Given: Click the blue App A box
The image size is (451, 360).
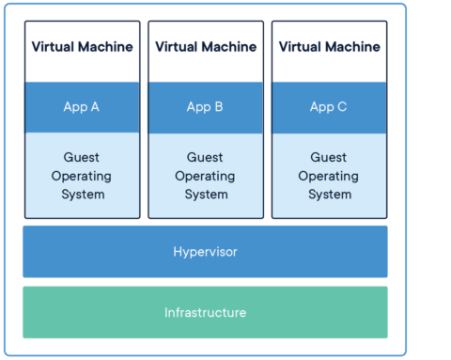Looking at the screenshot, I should click(82, 107).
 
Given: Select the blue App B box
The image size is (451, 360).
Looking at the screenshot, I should click(205, 107).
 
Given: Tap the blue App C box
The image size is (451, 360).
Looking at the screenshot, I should click(328, 107).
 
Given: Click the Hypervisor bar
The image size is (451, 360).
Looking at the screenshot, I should click(205, 251).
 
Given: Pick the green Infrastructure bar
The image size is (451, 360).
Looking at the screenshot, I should click(205, 312).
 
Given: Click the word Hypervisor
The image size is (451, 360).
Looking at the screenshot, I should click(205, 251).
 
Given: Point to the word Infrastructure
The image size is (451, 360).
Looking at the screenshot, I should click(205, 312).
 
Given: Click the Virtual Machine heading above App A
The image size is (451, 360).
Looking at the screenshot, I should click(82, 46).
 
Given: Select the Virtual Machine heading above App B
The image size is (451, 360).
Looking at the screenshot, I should click(205, 46).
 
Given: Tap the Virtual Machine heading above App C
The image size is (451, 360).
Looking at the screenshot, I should click(328, 46).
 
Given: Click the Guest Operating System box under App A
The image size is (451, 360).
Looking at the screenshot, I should click(82, 175).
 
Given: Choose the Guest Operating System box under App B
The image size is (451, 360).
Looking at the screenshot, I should click(205, 175).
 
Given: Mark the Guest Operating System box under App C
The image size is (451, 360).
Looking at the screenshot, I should click(328, 175).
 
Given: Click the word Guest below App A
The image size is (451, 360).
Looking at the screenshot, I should click(82, 158).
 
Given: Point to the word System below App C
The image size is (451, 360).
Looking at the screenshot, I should click(328, 195).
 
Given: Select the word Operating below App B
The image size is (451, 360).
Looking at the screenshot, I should click(205, 176).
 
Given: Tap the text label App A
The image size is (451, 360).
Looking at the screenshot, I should click(82, 107).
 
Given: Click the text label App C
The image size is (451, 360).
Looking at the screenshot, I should click(328, 107).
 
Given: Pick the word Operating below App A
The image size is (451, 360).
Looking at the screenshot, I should click(82, 176).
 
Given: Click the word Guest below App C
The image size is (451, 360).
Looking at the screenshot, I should click(328, 158).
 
